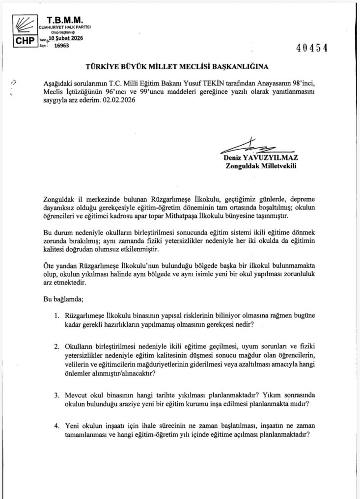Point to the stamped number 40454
click(x=312, y=48)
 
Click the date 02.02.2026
click(x=118, y=100)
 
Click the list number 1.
click(x=57, y=315)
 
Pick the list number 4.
click(x=57, y=425)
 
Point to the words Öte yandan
click(x=56, y=265)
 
